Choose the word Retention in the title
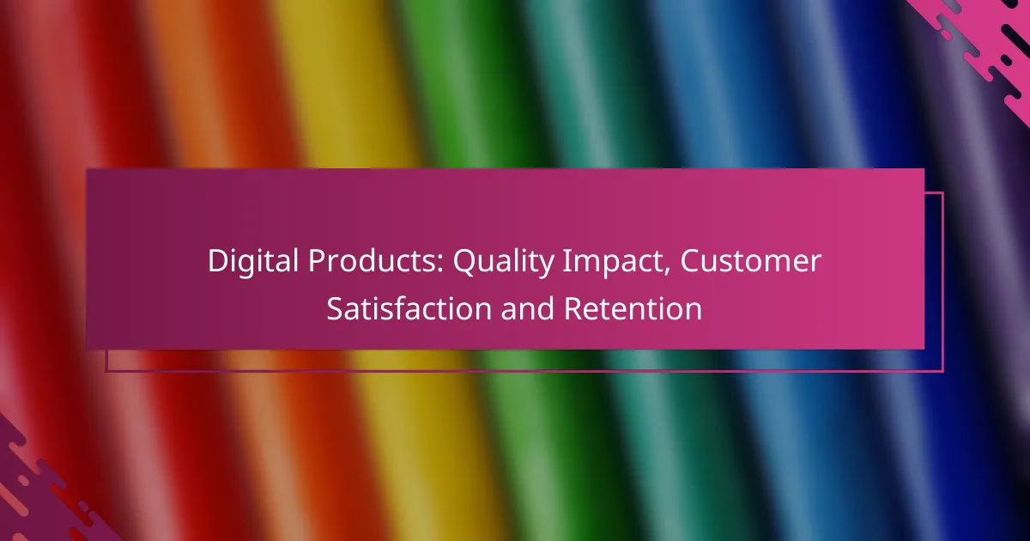click(633, 309)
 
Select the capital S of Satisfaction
click(335, 309)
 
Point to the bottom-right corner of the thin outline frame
click(942, 371)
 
